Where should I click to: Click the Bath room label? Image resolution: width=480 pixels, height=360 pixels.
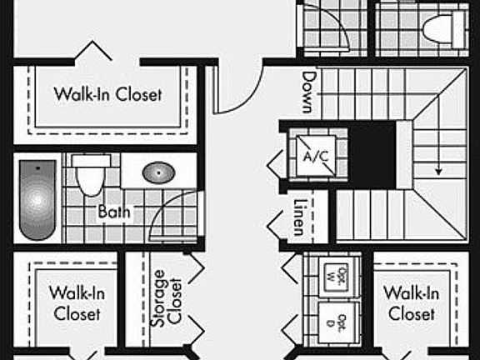click(x=114, y=212)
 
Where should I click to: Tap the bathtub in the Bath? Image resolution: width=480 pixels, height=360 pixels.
click(x=37, y=200)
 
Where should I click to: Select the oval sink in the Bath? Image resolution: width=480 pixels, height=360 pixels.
click(x=157, y=173)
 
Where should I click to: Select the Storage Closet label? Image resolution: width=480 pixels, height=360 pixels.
click(x=167, y=297)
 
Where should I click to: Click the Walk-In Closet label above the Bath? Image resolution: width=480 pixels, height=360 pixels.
click(x=107, y=94)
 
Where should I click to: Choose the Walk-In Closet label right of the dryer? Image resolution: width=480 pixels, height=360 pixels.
click(x=411, y=303)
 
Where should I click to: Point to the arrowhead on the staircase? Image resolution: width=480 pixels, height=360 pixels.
click(x=437, y=171)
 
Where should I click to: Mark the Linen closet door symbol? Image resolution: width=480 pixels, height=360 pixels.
click(x=277, y=223)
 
